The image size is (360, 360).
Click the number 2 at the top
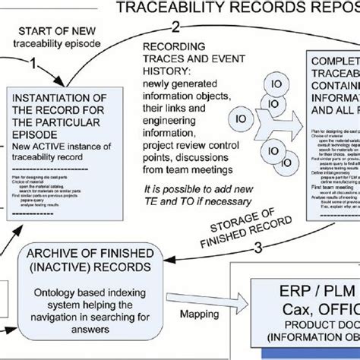point(175,28)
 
